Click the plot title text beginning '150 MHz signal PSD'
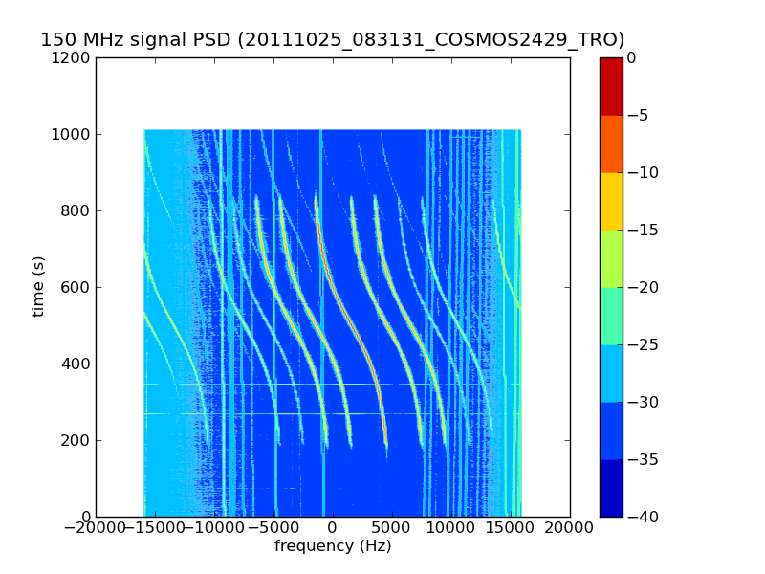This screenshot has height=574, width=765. tap(332, 39)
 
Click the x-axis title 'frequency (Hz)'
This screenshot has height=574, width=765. tap(333, 545)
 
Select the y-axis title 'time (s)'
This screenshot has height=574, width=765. tap(37, 287)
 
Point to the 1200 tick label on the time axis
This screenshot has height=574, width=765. tap(71, 57)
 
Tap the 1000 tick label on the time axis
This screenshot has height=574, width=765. tap(71, 134)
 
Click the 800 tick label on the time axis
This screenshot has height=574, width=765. tap(76, 210)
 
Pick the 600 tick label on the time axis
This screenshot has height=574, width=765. tap(76, 287)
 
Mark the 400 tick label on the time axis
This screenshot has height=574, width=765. tap(76, 364)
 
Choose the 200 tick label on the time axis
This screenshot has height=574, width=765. tap(76, 440)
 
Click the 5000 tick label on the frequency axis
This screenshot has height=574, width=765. tap(392, 528)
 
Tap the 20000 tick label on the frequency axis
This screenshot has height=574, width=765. tap(569, 528)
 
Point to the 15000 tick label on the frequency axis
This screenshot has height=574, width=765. tap(511, 528)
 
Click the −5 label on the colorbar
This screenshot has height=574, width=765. tap(637, 115)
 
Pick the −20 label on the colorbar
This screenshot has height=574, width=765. tap(643, 287)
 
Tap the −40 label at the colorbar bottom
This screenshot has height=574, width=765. tap(643, 517)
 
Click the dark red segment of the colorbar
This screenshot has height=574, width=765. tap(611, 86)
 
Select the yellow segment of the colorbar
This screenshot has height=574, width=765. tap(611, 201)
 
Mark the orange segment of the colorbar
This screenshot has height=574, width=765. tap(611, 144)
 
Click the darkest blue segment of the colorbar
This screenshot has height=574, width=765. tap(611, 488)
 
